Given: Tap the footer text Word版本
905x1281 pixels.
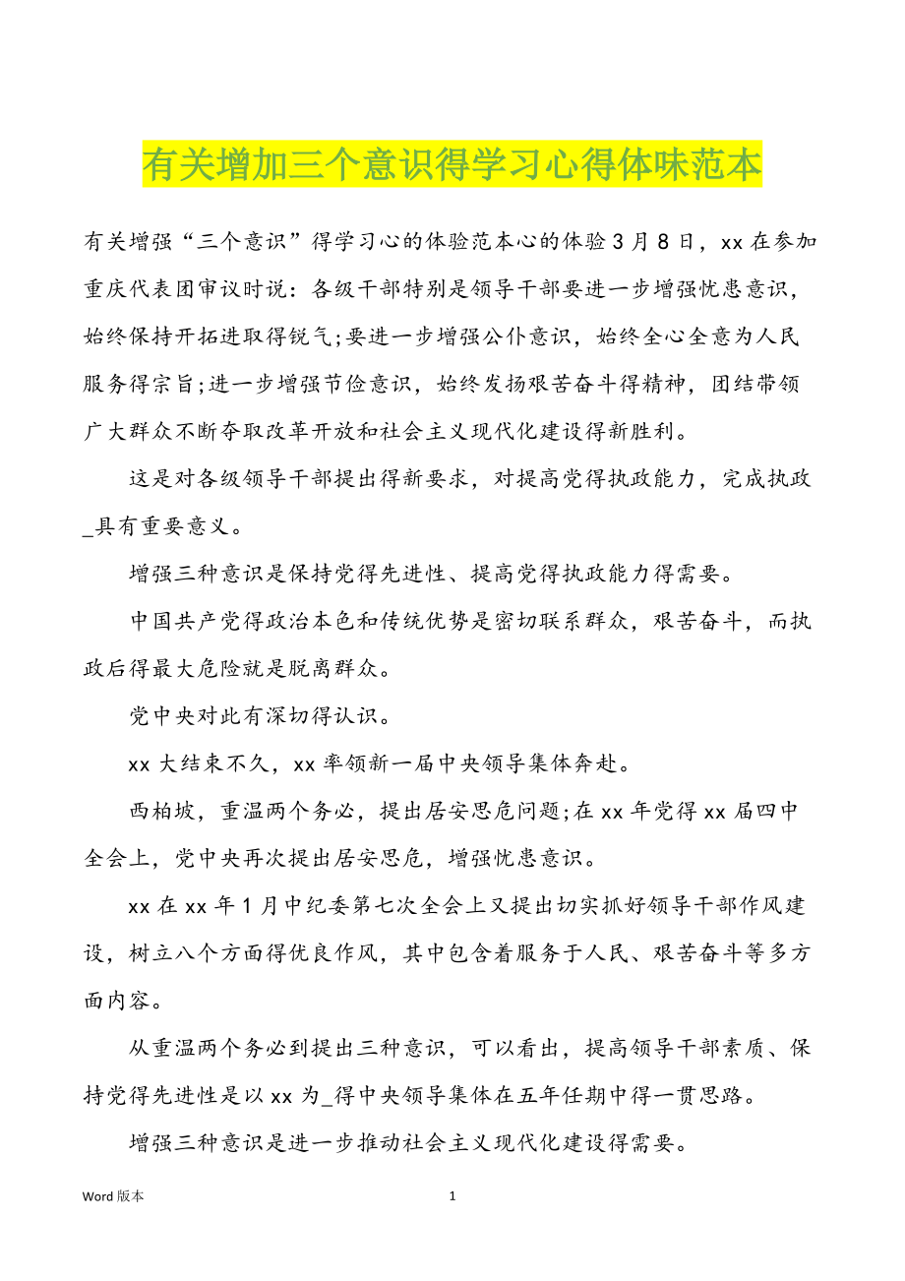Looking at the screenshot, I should tap(113, 1196).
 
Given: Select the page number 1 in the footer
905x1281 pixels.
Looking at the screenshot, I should tap(452, 1196).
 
